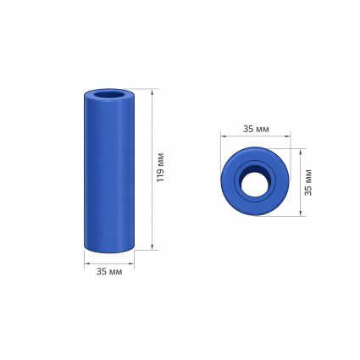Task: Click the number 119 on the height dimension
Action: [x=160, y=174]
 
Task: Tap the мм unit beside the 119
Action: [x=161, y=158]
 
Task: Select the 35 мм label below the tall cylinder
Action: [x=109, y=271]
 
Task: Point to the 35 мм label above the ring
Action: [x=256, y=129]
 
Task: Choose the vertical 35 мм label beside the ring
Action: [x=308, y=182]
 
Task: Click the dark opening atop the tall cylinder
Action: [x=109, y=95]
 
